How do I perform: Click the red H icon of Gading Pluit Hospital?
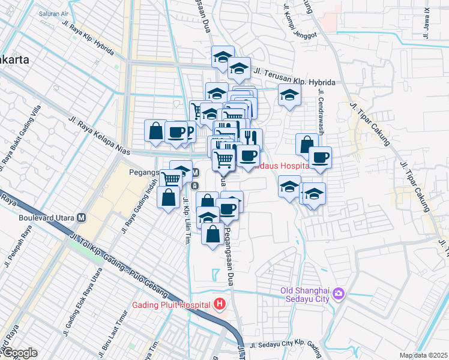pyautogui.click(x=220, y=304)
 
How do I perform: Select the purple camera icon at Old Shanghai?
pyautogui.click(x=339, y=293)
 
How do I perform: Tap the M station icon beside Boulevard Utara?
pyautogui.click(x=82, y=217)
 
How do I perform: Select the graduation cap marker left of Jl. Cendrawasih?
pyautogui.click(x=289, y=95)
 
